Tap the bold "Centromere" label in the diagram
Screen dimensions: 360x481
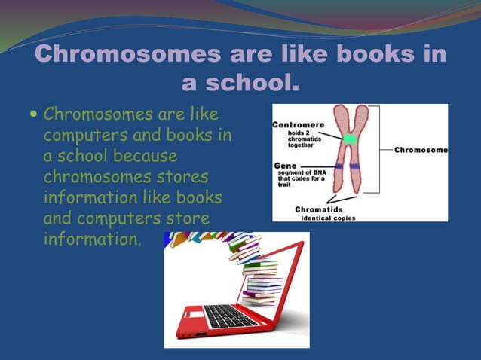click(x=298, y=124)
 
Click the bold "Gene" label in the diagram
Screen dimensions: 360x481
click(x=285, y=163)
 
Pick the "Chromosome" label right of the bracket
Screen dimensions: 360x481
click(x=421, y=150)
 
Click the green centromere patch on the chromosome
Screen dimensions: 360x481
click(x=349, y=139)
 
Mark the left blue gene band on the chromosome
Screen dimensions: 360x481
click(x=339, y=166)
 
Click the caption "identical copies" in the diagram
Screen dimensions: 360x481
click(x=328, y=217)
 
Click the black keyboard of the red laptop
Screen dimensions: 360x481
click(x=229, y=315)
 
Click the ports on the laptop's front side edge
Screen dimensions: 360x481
click(x=201, y=334)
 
